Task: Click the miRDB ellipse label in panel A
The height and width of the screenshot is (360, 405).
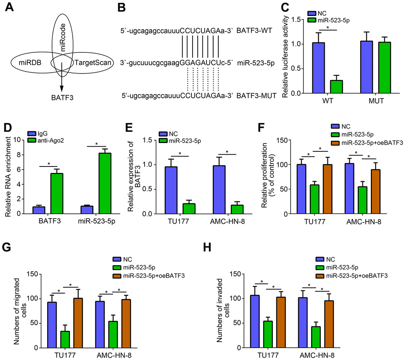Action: click(x=31, y=63)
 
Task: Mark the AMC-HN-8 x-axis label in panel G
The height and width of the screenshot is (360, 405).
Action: click(x=112, y=355)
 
